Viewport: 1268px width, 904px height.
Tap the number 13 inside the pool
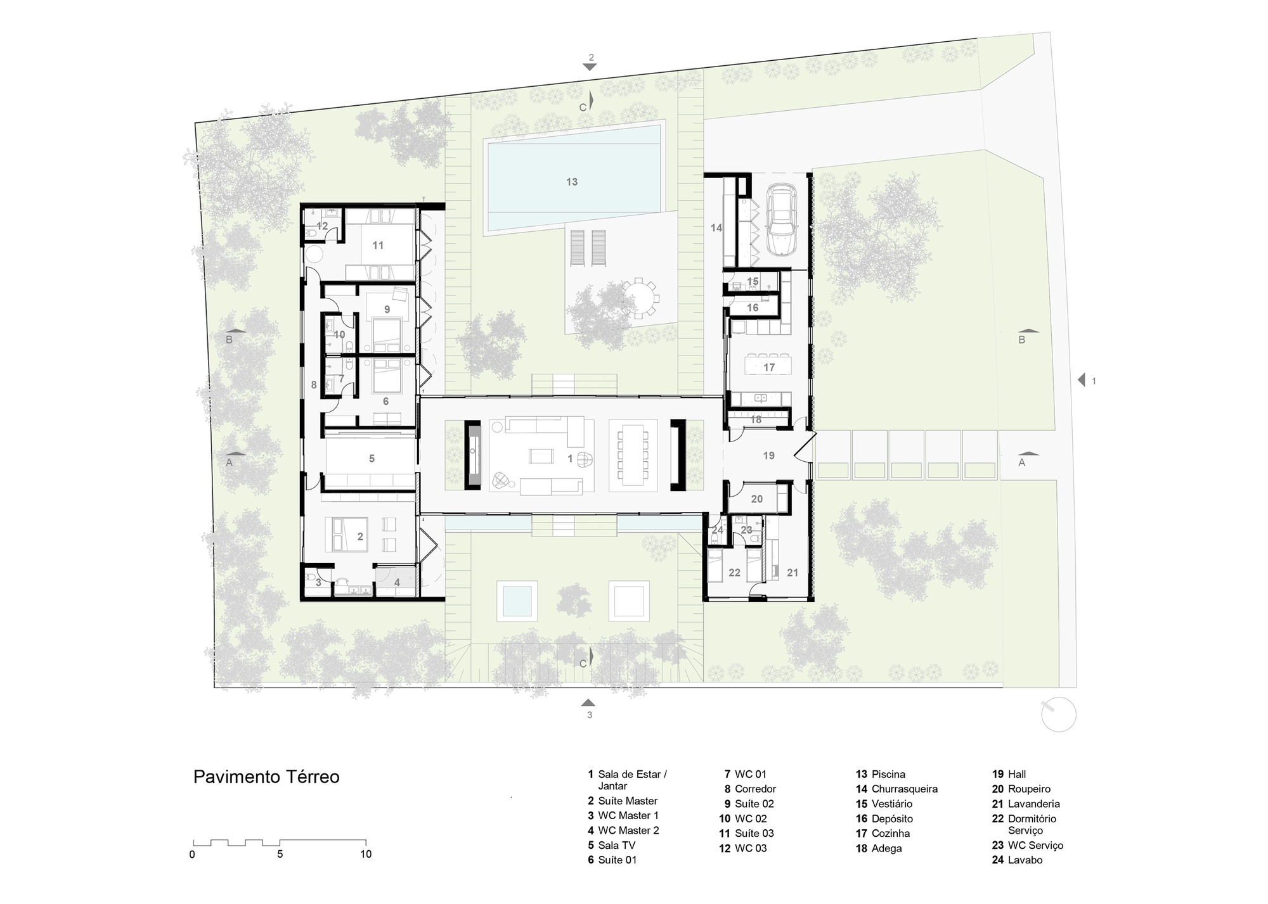(572, 182)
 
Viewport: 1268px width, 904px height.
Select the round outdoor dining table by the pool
(638, 298)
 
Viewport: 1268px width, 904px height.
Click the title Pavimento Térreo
(266, 777)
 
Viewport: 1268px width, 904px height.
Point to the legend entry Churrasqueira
(904, 789)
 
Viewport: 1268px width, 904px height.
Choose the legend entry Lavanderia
(1033, 804)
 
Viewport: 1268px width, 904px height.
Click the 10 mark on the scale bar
(366, 854)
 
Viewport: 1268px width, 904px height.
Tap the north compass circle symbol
(1059, 715)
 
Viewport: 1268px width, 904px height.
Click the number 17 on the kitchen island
(769, 367)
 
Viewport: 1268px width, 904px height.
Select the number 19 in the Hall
(768, 455)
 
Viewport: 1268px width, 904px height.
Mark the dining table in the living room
(633, 455)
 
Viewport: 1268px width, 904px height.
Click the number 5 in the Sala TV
(372, 459)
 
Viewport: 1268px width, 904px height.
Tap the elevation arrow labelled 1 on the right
(1082, 380)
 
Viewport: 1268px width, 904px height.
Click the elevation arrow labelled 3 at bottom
(588, 703)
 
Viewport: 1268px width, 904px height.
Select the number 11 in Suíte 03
(378, 245)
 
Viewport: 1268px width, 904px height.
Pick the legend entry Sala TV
(616, 845)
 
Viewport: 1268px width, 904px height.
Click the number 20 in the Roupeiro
(757, 499)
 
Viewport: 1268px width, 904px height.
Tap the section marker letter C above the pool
(583, 108)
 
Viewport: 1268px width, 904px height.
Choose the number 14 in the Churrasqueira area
(716, 228)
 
